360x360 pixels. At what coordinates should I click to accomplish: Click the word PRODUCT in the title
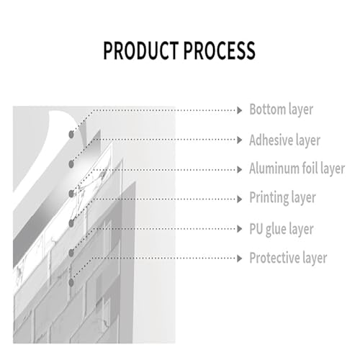click(141, 50)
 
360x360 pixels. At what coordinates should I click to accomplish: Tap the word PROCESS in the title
click(220, 50)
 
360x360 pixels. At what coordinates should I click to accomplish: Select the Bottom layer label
click(282, 109)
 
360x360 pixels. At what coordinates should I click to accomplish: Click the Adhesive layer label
click(285, 140)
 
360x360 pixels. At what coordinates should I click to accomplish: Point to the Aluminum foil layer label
click(297, 168)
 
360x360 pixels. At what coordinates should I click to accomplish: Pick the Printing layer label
click(282, 198)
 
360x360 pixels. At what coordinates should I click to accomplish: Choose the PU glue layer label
click(282, 229)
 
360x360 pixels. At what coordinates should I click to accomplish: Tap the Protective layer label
click(288, 258)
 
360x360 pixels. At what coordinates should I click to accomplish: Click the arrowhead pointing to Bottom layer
click(240, 110)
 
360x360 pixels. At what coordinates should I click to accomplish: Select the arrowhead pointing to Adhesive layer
click(240, 140)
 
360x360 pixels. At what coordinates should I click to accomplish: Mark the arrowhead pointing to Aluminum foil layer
click(240, 170)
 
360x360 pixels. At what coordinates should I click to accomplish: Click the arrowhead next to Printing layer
click(240, 199)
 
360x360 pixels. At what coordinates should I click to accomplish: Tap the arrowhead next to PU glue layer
click(240, 229)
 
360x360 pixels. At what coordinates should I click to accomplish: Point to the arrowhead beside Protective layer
click(240, 258)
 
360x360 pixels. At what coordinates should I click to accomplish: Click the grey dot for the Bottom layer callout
click(71, 135)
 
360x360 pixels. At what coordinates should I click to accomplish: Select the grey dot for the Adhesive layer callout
click(71, 164)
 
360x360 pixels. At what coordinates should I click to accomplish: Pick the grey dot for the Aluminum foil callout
click(71, 194)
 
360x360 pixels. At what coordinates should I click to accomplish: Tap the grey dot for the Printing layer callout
click(71, 223)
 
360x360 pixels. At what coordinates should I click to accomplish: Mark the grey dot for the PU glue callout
click(71, 253)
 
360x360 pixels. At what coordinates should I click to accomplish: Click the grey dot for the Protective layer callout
click(71, 283)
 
